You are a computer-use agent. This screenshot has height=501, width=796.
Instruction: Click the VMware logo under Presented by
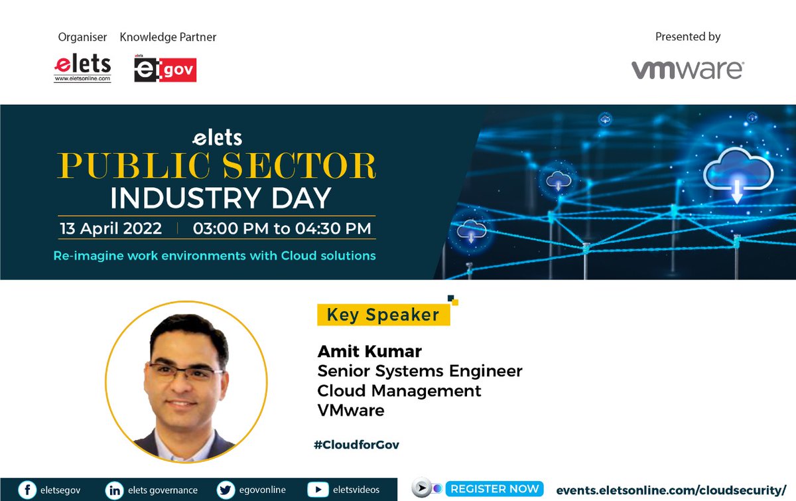pyautogui.click(x=687, y=70)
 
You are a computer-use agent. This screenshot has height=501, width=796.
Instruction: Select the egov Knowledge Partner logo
pyautogui.click(x=165, y=69)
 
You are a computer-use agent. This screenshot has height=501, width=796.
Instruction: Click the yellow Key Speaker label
pyautogui.click(x=383, y=315)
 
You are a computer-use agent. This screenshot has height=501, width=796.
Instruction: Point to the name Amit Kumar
pyautogui.click(x=369, y=351)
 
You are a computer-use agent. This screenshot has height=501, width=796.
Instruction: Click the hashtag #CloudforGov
pyautogui.click(x=356, y=445)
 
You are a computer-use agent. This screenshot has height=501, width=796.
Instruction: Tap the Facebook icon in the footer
pyautogui.click(x=27, y=490)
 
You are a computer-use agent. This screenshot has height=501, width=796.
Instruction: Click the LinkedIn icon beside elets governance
pyautogui.click(x=114, y=490)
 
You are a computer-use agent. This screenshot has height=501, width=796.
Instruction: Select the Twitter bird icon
pyautogui.click(x=226, y=490)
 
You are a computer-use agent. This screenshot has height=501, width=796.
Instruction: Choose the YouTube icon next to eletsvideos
pyautogui.click(x=318, y=490)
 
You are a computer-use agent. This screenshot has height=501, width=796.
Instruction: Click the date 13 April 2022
pyautogui.click(x=111, y=228)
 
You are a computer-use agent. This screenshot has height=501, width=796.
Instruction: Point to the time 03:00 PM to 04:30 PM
pyautogui.click(x=282, y=228)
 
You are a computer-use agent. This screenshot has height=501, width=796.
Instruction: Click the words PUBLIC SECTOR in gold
pyautogui.click(x=216, y=167)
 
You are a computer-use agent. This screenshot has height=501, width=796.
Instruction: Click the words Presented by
pyautogui.click(x=687, y=37)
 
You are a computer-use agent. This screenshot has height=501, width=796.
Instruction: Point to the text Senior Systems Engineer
pyautogui.click(x=420, y=371)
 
